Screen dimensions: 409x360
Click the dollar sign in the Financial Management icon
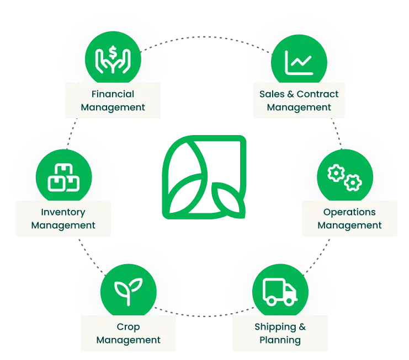(x=113, y=52)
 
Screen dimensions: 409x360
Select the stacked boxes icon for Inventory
(x=63, y=178)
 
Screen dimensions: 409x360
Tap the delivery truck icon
(x=280, y=292)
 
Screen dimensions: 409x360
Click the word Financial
(x=113, y=94)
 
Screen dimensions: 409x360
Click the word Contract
(x=317, y=94)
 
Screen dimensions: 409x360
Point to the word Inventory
(x=63, y=213)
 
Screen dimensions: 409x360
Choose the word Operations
(x=349, y=213)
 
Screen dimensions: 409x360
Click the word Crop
(x=128, y=327)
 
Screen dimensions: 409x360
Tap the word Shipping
(x=275, y=327)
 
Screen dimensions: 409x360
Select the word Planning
(x=280, y=341)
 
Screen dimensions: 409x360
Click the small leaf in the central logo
(x=228, y=200)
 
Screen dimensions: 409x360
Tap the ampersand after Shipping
(x=302, y=327)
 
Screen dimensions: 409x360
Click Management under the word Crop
(x=129, y=340)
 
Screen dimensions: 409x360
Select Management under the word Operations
(x=349, y=225)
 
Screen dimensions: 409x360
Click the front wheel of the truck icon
(x=289, y=301)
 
